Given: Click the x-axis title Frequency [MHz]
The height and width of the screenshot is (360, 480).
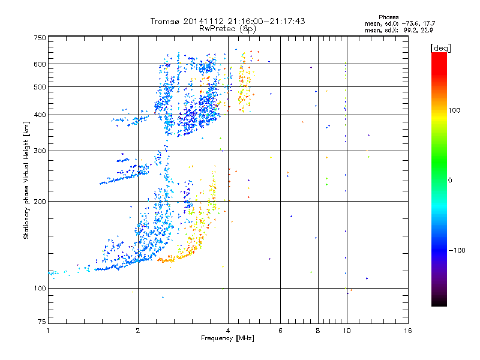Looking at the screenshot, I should [x=227, y=338].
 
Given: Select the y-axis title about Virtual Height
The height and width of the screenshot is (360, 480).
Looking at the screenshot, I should [x=26, y=180].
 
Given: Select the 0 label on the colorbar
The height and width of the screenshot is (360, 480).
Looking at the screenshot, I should [x=451, y=180].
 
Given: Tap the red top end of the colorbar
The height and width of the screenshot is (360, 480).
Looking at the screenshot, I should [x=439, y=55].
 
